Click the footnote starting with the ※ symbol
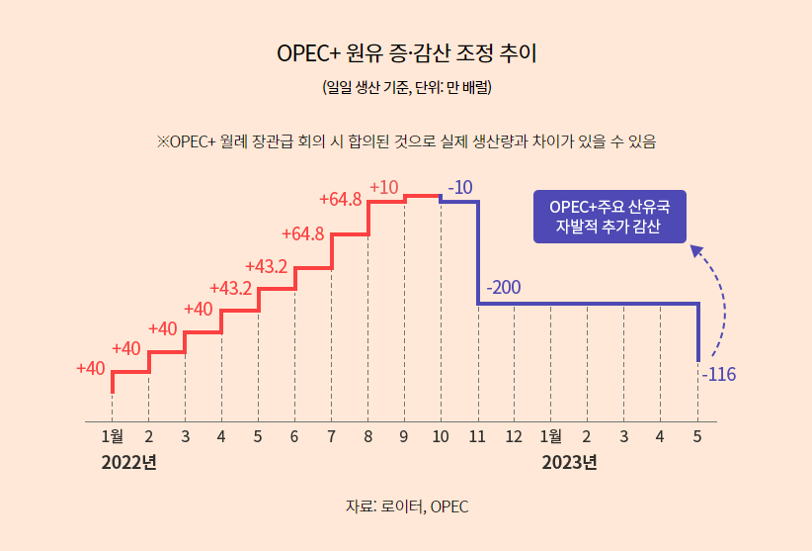(406, 140)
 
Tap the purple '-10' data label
(460, 187)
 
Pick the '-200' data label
(504, 289)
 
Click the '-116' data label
(718, 375)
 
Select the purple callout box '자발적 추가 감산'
(609, 218)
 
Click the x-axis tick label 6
(294, 436)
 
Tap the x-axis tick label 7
(331, 436)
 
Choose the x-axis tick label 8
(367, 436)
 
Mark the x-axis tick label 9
(404, 436)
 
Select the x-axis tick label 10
(441, 436)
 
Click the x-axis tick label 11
(477, 436)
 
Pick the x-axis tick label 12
(514, 436)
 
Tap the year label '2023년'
(569, 462)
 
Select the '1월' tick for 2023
(551, 436)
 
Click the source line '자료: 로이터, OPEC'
(406, 506)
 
